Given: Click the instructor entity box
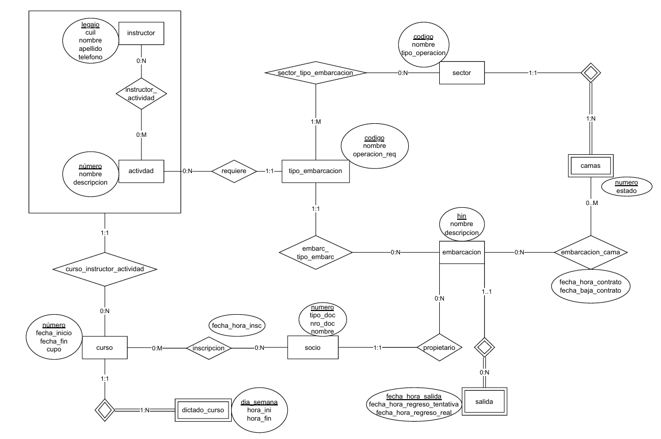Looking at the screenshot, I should pyautogui.click(x=141, y=33).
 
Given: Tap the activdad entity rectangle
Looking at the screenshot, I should pyautogui.click(x=141, y=170).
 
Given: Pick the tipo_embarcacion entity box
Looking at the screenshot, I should pyautogui.click(x=316, y=170).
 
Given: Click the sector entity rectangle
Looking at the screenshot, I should pyautogui.click(x=462, y=73).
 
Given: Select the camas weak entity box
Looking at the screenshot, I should pyautogui.click(x=591, y=166).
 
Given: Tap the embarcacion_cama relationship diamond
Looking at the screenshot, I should pyautogui.click(x=591, y=252).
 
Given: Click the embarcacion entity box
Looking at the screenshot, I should pyautogui.click(x=461, y=252).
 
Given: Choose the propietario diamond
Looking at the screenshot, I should pyautogui.click(x=440, y=347).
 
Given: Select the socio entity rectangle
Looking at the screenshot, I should pyautogui.click(x=313, y=347).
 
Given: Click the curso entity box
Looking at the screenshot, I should pyautogui.click(x=105, y=347).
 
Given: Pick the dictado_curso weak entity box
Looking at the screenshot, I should pyautogui.click(x=202, y=409).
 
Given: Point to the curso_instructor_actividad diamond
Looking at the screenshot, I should pyautogui.click(x=105, y=269).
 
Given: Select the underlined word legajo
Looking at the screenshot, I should pyautogui.click(x=90, y=24).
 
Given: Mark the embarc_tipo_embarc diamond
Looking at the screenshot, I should pyautogui.click(x=315, y=252).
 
